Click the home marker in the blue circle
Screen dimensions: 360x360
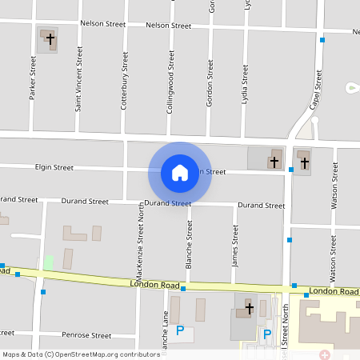pos(180,172)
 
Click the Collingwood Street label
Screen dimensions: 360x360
pos(170,82)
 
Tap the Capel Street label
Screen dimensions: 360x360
pos(314,89)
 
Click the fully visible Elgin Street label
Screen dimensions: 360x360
pos(54,168)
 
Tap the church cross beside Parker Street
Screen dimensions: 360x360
pos(50,38)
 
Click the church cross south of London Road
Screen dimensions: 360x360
pos(249,308)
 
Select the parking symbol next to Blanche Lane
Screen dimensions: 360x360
pos(180,330)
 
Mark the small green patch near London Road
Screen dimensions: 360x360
pos(49,262)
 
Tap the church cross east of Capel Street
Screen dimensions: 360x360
pos(304,162)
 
